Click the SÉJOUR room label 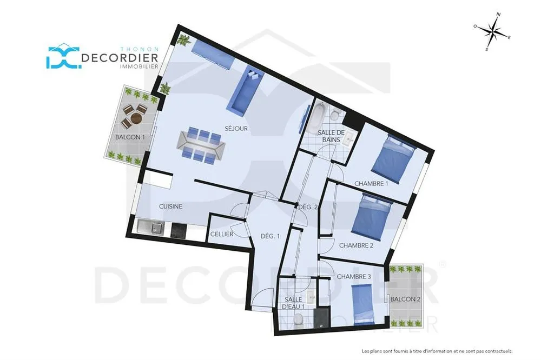click(236, 129)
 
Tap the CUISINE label click(170, 206)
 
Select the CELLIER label click(222, 235)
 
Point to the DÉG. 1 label click(270, 237)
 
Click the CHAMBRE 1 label click(371, 184)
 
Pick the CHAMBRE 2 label click(356, 246)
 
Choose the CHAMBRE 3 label click(354, 277)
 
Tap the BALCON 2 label click(405, 299)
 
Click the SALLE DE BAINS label click(331, 136)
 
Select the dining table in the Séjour click(201, 145)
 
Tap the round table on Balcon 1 click(136, 119)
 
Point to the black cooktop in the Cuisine click(179, 230)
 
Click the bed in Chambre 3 click(362, 304)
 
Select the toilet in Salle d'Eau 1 click(299, 319)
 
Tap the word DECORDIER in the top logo click(120, 58)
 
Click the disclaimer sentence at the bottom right click(437, 351)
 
